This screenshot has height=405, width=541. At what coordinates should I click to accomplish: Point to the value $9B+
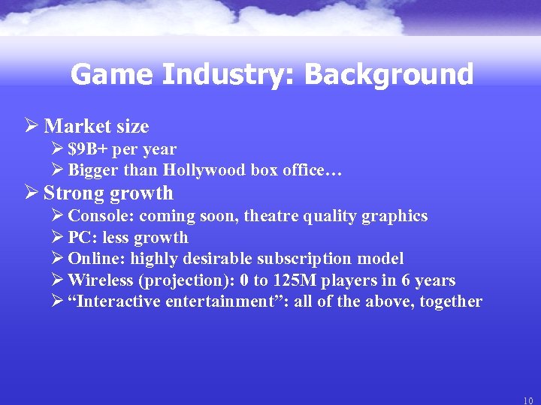click(87, 149)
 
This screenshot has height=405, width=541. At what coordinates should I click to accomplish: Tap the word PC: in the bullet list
click(82, 238)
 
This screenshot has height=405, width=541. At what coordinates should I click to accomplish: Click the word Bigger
click(92, 170)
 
